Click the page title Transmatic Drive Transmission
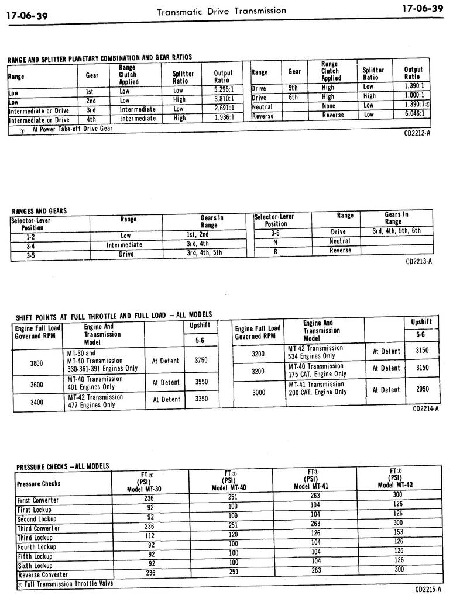tap(221, 11)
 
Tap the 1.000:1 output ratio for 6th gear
tap(414, 95)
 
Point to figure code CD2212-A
tap(417, 134)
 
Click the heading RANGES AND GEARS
tap(39, 211)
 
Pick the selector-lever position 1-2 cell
tap(31, 236)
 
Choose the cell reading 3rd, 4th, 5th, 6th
tap(396, 231)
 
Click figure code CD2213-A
tap(418, 261)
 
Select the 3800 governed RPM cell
tap(36, 363)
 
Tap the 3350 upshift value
tap(201, 399)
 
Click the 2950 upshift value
tap(422, 389)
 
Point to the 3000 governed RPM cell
tap(258, 393)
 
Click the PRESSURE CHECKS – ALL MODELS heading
tap(62, 466)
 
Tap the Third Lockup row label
tap(35, 538)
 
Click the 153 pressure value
tap(398, 533)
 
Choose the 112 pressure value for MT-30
tap(150, 535)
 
